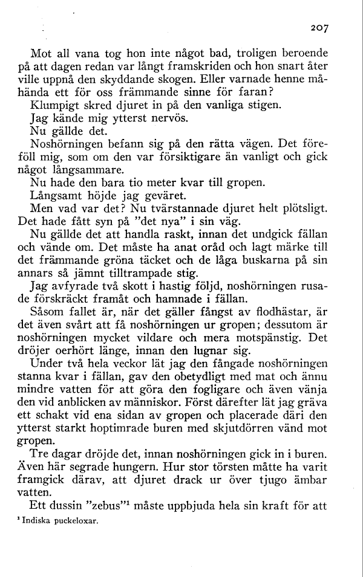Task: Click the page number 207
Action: pyautogui.click(x=317, y=28)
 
